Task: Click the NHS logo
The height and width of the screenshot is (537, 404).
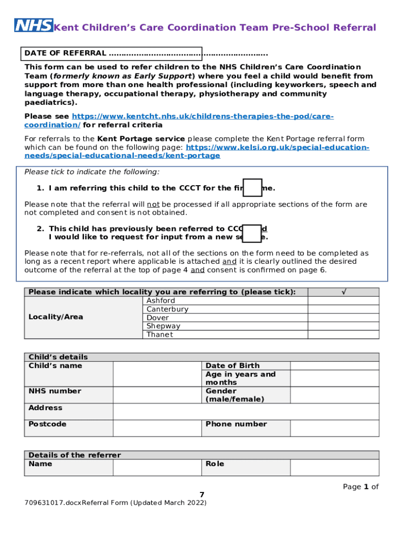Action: coord(34,26)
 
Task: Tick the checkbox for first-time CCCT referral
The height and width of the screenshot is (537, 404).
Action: coord(253,188)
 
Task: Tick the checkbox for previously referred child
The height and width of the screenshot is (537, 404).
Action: coord(253,233)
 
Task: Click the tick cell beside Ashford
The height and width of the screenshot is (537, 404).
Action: coord(343,301)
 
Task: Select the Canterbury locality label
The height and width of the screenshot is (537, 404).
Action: coord(167,309)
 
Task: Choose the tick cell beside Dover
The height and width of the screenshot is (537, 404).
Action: coord(343,318)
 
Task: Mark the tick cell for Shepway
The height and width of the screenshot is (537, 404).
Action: coord(343,326)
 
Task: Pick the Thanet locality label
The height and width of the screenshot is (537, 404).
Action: coord(160,335)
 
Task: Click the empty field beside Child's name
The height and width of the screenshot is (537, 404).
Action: coord(157,374)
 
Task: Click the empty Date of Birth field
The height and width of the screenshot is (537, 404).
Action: coord(334,366)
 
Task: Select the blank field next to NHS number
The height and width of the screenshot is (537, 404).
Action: coord(157,395)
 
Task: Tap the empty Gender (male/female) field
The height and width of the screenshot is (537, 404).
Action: coord(334,395)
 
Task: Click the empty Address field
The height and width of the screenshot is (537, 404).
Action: coord(246,412)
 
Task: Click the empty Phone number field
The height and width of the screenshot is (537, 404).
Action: coord(334,428)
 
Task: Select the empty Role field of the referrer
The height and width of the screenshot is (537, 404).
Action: coord(334,467)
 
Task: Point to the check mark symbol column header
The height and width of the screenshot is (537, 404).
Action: coord(343,292)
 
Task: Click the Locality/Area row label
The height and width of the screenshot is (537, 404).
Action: coord(56,317)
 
